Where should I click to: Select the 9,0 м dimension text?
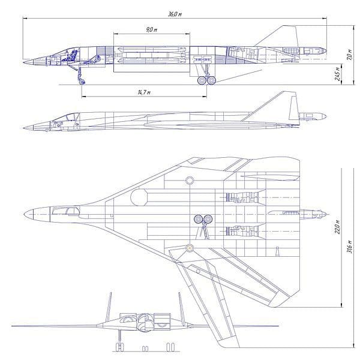[151, 29]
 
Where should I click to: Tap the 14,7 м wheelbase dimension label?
[143, 92]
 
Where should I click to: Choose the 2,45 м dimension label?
[340, 74]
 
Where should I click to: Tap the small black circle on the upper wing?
[190, 179]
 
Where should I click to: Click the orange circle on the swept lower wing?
[190, 247]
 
